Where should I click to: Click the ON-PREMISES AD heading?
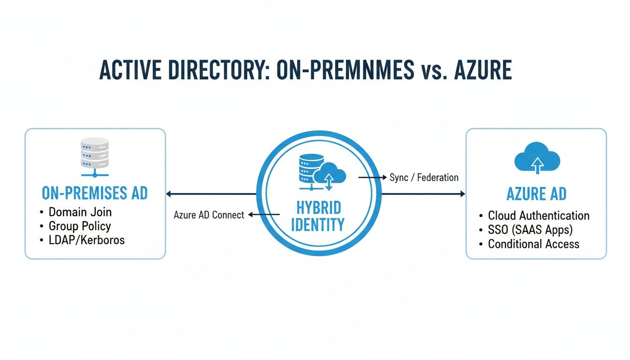coord(95,193)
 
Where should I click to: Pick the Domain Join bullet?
coord(80,212)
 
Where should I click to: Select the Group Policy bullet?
coord(80,226)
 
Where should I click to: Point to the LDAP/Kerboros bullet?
coord(87,240)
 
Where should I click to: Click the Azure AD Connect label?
coord(209,215)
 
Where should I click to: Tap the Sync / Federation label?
coord(424,178)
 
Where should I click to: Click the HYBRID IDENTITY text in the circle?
coord(317,217)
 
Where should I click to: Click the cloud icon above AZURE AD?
coord(537,157)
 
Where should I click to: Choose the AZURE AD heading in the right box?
coord(536,194)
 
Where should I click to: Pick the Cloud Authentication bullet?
coord(539,216)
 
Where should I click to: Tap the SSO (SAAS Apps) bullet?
coord(530,230)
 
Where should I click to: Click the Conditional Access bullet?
coord(533,244)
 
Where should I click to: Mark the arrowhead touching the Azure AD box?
coord(462,194)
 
